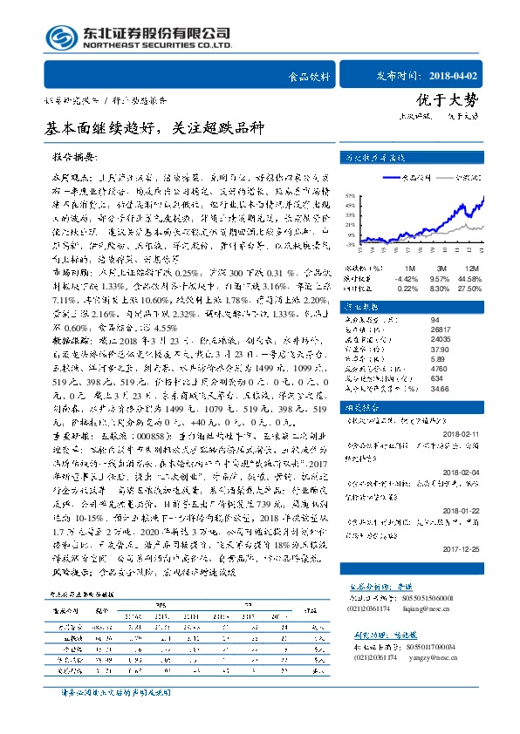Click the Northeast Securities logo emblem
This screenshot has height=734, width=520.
click(62, 37)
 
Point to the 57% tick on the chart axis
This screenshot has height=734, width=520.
click(348, 196)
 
